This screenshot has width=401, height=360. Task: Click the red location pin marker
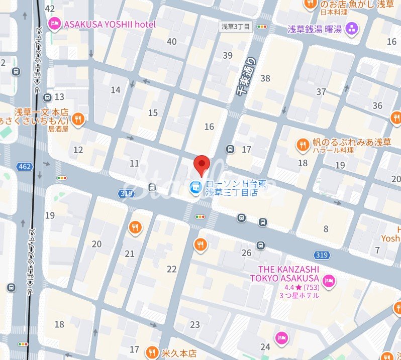click(x=202, y=164)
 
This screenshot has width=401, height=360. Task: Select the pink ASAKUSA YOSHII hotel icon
click(x=54, y=24)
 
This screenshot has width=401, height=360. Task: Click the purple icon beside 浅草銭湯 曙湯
click(x=352, y=29)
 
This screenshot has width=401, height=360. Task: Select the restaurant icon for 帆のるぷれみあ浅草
click(x=302, y=144)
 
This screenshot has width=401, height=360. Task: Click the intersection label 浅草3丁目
click(x=236, y=26)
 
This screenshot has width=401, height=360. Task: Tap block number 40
click(x=172, y=42)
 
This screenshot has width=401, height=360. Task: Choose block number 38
click(x=265, y=78)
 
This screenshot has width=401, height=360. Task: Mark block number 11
click(x=134, y=164)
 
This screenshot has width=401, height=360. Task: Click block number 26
click(x=246, y=253)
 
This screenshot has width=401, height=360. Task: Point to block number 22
click(x=172, y=269)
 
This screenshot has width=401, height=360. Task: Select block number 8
click(x=326, y=229)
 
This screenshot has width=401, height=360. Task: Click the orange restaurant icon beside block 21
click(x=135, y=228)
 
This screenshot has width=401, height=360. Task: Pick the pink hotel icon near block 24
click(x=281, y=336)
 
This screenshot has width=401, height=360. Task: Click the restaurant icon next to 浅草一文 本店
click(x=77, y=119)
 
